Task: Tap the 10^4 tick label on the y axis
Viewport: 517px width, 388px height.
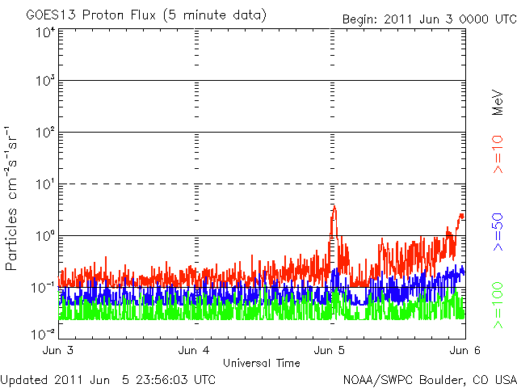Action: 44,33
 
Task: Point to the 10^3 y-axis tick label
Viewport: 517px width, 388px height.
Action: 44,82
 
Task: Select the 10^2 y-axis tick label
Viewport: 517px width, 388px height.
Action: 44,133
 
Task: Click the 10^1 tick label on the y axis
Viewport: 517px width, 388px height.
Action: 44,185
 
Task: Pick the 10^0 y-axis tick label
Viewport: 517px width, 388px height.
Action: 44,237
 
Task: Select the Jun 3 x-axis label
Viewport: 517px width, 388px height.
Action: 58,351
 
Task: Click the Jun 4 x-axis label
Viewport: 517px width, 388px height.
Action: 195,351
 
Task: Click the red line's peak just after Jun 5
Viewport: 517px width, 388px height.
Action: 334,205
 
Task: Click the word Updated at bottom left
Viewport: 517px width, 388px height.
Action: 26,378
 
